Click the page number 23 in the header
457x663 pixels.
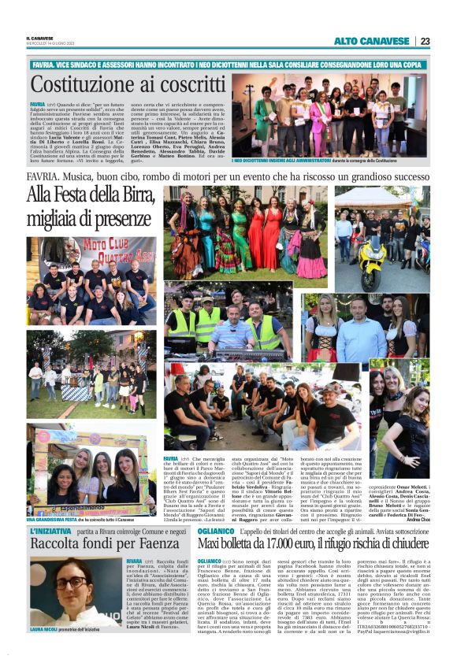pos(425,41)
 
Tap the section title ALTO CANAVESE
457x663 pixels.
pos(373,41)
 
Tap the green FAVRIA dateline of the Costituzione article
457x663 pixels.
pos(37,104)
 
